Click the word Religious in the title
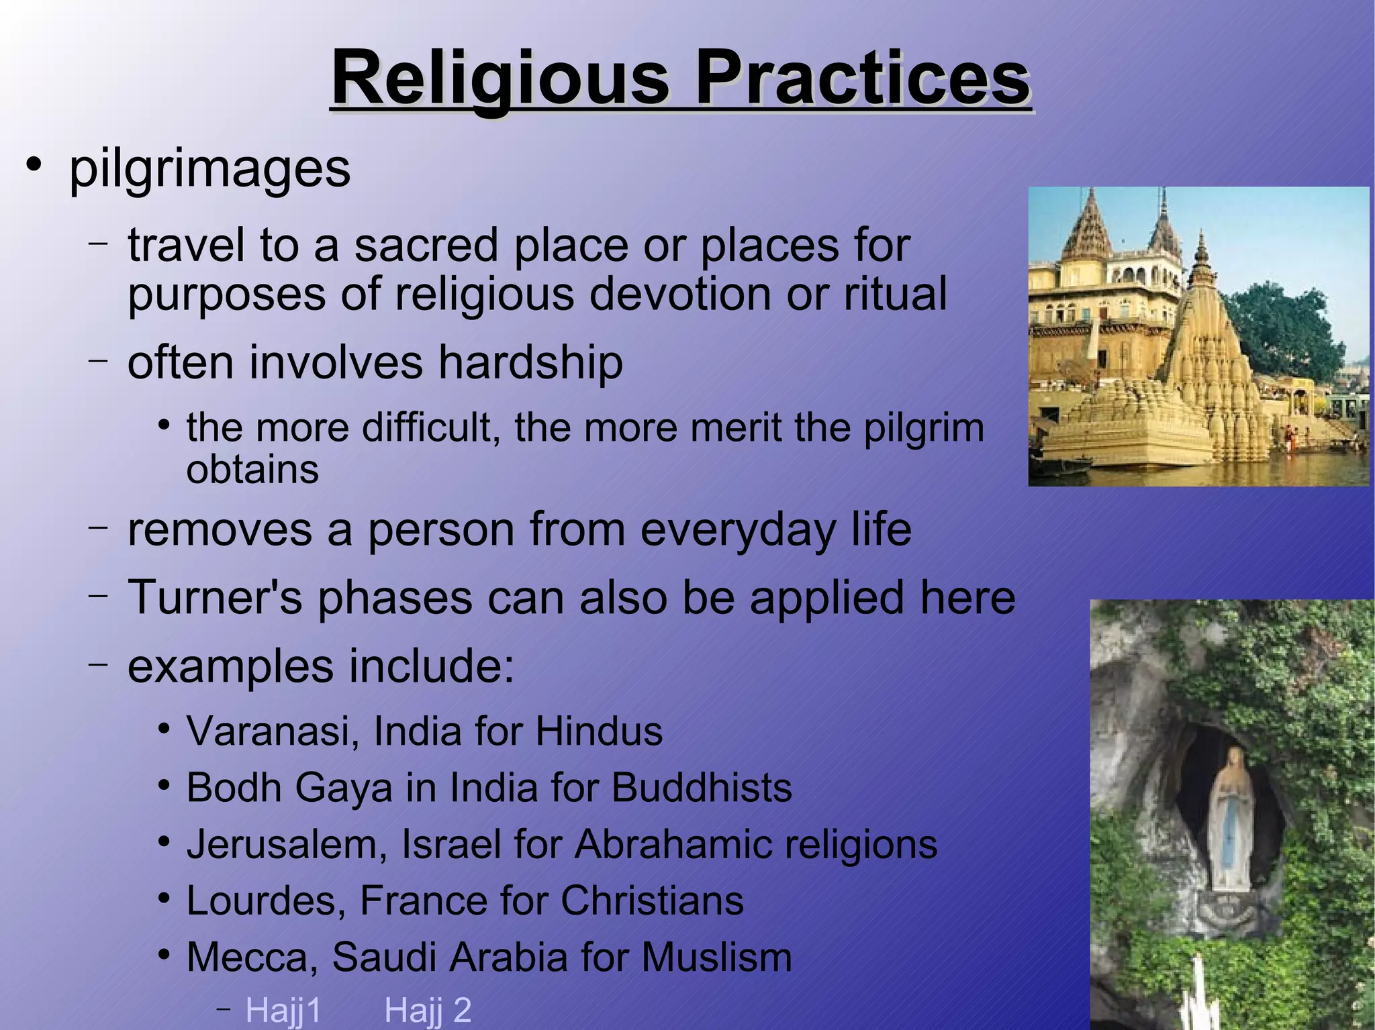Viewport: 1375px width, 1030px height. coord(500,79)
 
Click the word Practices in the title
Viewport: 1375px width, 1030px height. coord(862,79)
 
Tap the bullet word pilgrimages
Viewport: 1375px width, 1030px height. coord(209,169)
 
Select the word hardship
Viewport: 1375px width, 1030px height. coord(530,363)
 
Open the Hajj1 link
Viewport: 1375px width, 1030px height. coord(283,1011)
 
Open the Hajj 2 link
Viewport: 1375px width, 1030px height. coord(428,1011)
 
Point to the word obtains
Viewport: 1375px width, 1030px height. coord(252,470)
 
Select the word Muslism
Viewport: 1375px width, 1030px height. coord(716,957)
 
